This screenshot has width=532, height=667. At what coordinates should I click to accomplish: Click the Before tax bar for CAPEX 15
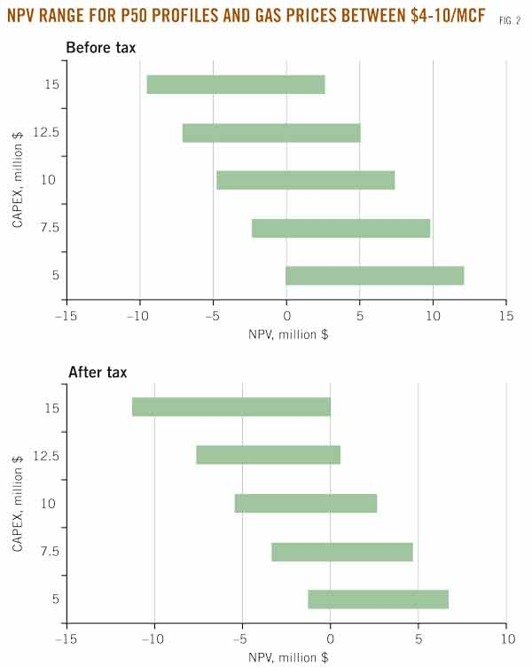236,84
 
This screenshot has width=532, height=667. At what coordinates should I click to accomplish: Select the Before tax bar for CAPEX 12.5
271,132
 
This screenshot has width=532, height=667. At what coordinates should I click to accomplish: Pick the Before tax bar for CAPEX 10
306,180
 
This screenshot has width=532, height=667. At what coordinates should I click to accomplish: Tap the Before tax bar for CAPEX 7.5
340,228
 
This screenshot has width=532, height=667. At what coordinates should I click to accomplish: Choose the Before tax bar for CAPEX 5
375,276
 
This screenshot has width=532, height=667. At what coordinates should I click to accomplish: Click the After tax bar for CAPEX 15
231,406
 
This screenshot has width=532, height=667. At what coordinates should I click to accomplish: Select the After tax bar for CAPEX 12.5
269,454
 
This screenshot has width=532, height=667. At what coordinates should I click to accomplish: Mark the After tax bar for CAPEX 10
306,503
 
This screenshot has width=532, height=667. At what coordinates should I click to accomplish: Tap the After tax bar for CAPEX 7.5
342,551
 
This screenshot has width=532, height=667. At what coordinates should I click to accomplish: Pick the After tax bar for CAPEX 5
379,599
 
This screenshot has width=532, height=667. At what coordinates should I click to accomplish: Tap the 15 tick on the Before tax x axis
505,316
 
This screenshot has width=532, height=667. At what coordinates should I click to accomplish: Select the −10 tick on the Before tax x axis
137,316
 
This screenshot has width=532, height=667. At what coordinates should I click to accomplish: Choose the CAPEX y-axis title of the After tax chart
19,503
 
